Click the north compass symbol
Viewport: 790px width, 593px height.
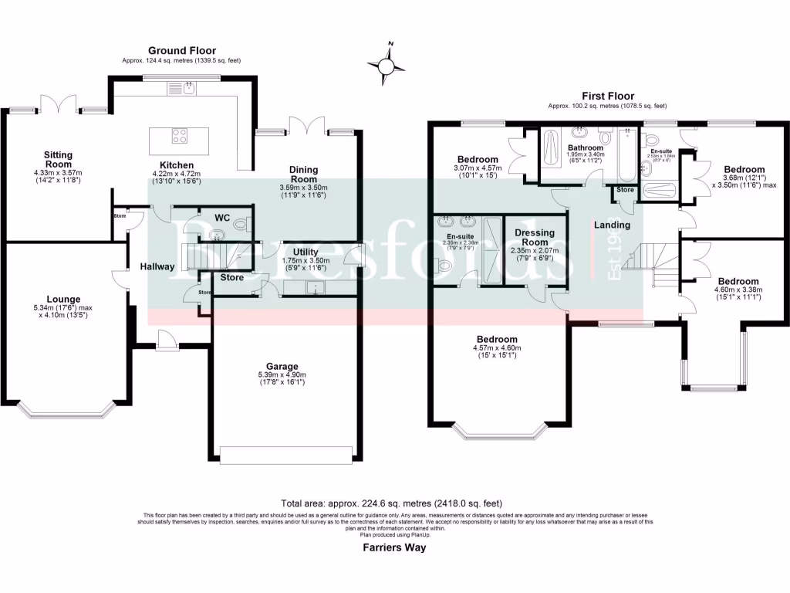387,66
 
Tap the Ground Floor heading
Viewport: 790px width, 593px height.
181,51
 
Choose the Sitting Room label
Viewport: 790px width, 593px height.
57,159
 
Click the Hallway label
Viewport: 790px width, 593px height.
157,266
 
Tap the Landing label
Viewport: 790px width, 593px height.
611,225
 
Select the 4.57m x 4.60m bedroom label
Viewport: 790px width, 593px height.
497,340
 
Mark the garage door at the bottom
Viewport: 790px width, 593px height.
286,455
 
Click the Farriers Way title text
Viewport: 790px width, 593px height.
394,547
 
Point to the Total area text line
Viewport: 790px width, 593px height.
394,500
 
